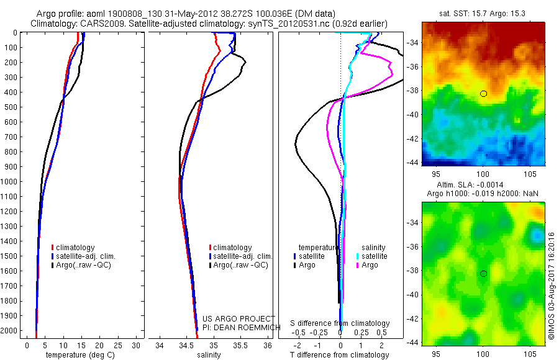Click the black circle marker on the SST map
point(483,94)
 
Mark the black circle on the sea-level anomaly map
point(483,274)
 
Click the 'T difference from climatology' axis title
point(339,355)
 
